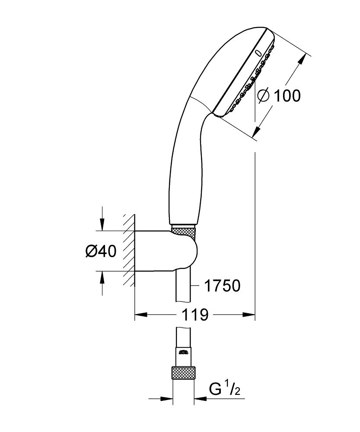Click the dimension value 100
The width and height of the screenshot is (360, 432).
tap(285, 95)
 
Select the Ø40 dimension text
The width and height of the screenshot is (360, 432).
tap(100, 251)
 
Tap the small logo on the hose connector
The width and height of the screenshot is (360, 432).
tap(184, 351)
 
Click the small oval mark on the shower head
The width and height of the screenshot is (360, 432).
tap(258, 54)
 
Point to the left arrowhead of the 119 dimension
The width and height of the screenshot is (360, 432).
tap(139, 315)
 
